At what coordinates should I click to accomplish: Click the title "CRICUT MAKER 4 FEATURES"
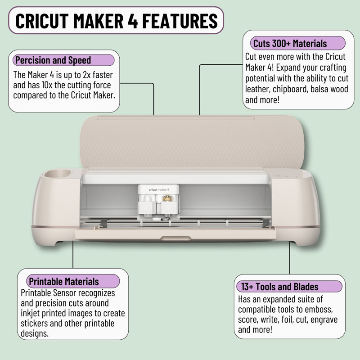(116, 20)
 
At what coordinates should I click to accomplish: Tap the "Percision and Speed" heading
(53, 60)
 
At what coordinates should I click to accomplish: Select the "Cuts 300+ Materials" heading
(290, 44)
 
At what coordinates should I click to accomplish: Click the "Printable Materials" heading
(63, 282)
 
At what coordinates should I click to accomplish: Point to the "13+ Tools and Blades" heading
(279, 287)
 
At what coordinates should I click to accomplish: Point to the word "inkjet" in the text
(31, 313)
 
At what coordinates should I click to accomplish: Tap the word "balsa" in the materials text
(323, 89)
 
